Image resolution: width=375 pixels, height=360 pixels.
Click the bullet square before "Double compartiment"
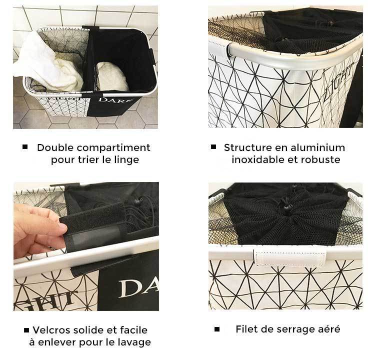(25, 147)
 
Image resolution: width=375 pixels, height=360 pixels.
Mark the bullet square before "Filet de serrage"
(217, 329)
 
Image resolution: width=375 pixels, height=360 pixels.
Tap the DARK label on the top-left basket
(115, 100)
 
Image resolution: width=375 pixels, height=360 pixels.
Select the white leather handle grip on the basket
(290, 258)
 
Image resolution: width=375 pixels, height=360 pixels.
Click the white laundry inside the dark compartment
(112, 76)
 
